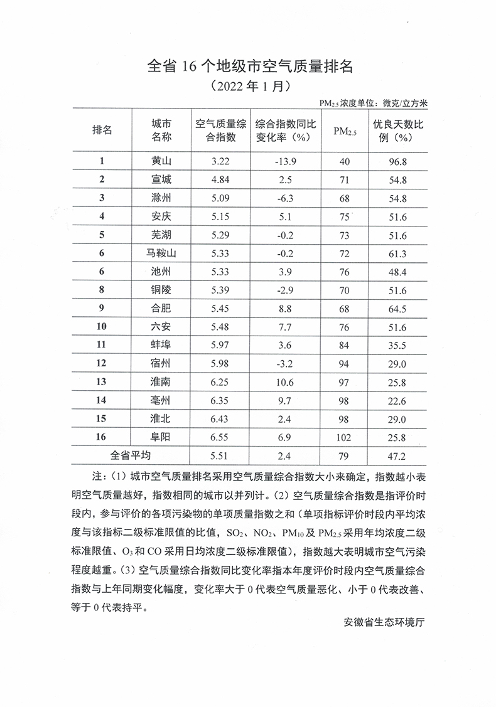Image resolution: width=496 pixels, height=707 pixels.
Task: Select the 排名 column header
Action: (102, 130)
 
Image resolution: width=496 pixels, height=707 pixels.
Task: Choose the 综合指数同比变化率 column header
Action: (284, 130)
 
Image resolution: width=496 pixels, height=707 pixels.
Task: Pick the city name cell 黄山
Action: (161, 161)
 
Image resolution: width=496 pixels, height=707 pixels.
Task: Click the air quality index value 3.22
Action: (221, 161)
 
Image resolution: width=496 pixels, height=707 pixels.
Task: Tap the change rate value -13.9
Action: (284, 161)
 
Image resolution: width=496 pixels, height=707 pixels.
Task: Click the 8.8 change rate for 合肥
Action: (284, 308)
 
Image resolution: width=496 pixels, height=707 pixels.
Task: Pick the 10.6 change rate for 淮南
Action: (284, 381)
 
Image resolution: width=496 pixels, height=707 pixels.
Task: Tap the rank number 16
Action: (102, 437)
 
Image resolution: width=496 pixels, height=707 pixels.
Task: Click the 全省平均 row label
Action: (131, 455)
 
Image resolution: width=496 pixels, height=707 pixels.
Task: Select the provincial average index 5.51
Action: (221, 455)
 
